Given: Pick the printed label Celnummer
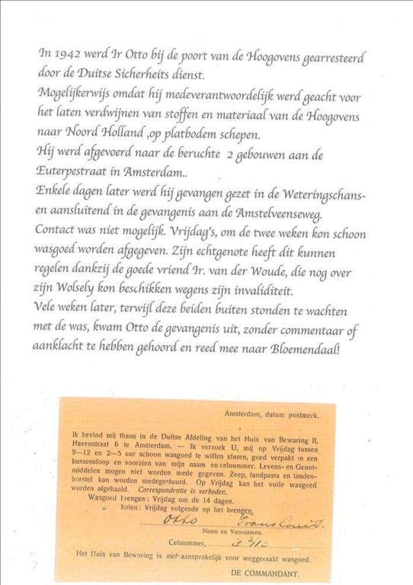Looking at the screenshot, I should click(x=185, y=543).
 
